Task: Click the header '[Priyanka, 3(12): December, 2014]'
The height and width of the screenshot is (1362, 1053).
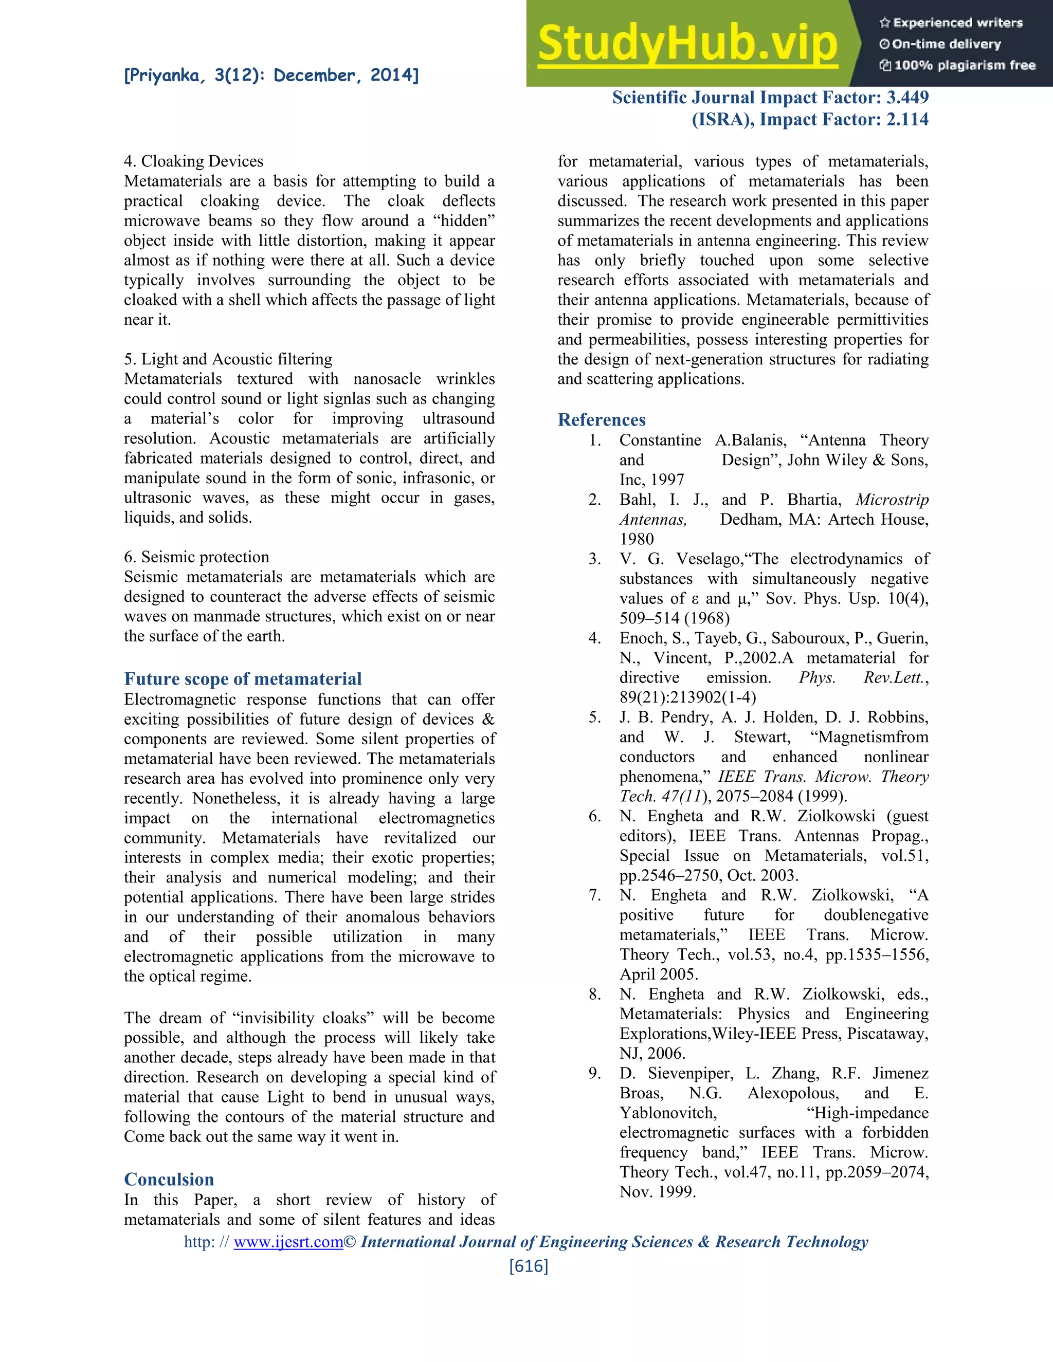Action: (271, 76)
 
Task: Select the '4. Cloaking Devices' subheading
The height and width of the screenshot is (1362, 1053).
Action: (193, 161)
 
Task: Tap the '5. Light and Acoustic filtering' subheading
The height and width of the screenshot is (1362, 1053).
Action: (228, 359)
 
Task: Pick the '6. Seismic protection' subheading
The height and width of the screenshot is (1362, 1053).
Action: (196, 557)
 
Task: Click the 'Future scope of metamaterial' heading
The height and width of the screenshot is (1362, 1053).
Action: (243, 678)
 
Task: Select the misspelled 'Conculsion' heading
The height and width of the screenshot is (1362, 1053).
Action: (169, 1179)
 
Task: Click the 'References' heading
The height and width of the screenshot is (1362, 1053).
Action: (602, 420)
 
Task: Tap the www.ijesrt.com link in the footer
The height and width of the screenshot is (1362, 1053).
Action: (288, 1242)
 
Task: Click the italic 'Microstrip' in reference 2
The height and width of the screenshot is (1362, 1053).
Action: (892, 500)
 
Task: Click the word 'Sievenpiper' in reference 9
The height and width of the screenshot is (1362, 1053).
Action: (689, 1073)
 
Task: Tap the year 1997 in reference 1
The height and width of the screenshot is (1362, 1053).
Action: (667, 480)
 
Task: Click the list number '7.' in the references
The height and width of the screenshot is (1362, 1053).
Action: (594, 895)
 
